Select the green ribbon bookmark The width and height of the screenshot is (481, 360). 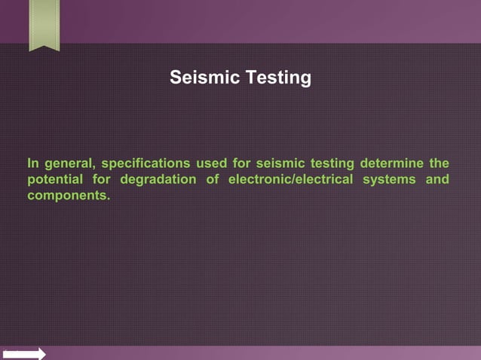coord(44,24)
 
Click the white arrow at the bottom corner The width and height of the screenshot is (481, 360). coord(24,353)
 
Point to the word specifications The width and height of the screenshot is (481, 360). coord(144,163)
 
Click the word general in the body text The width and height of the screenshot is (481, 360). coord(69,163)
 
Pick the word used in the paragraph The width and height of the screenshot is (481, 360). coord(212,163)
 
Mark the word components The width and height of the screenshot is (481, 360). coord(67,196)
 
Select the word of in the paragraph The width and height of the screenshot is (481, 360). coord(213,180)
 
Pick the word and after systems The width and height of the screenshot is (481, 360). coord(437,180)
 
